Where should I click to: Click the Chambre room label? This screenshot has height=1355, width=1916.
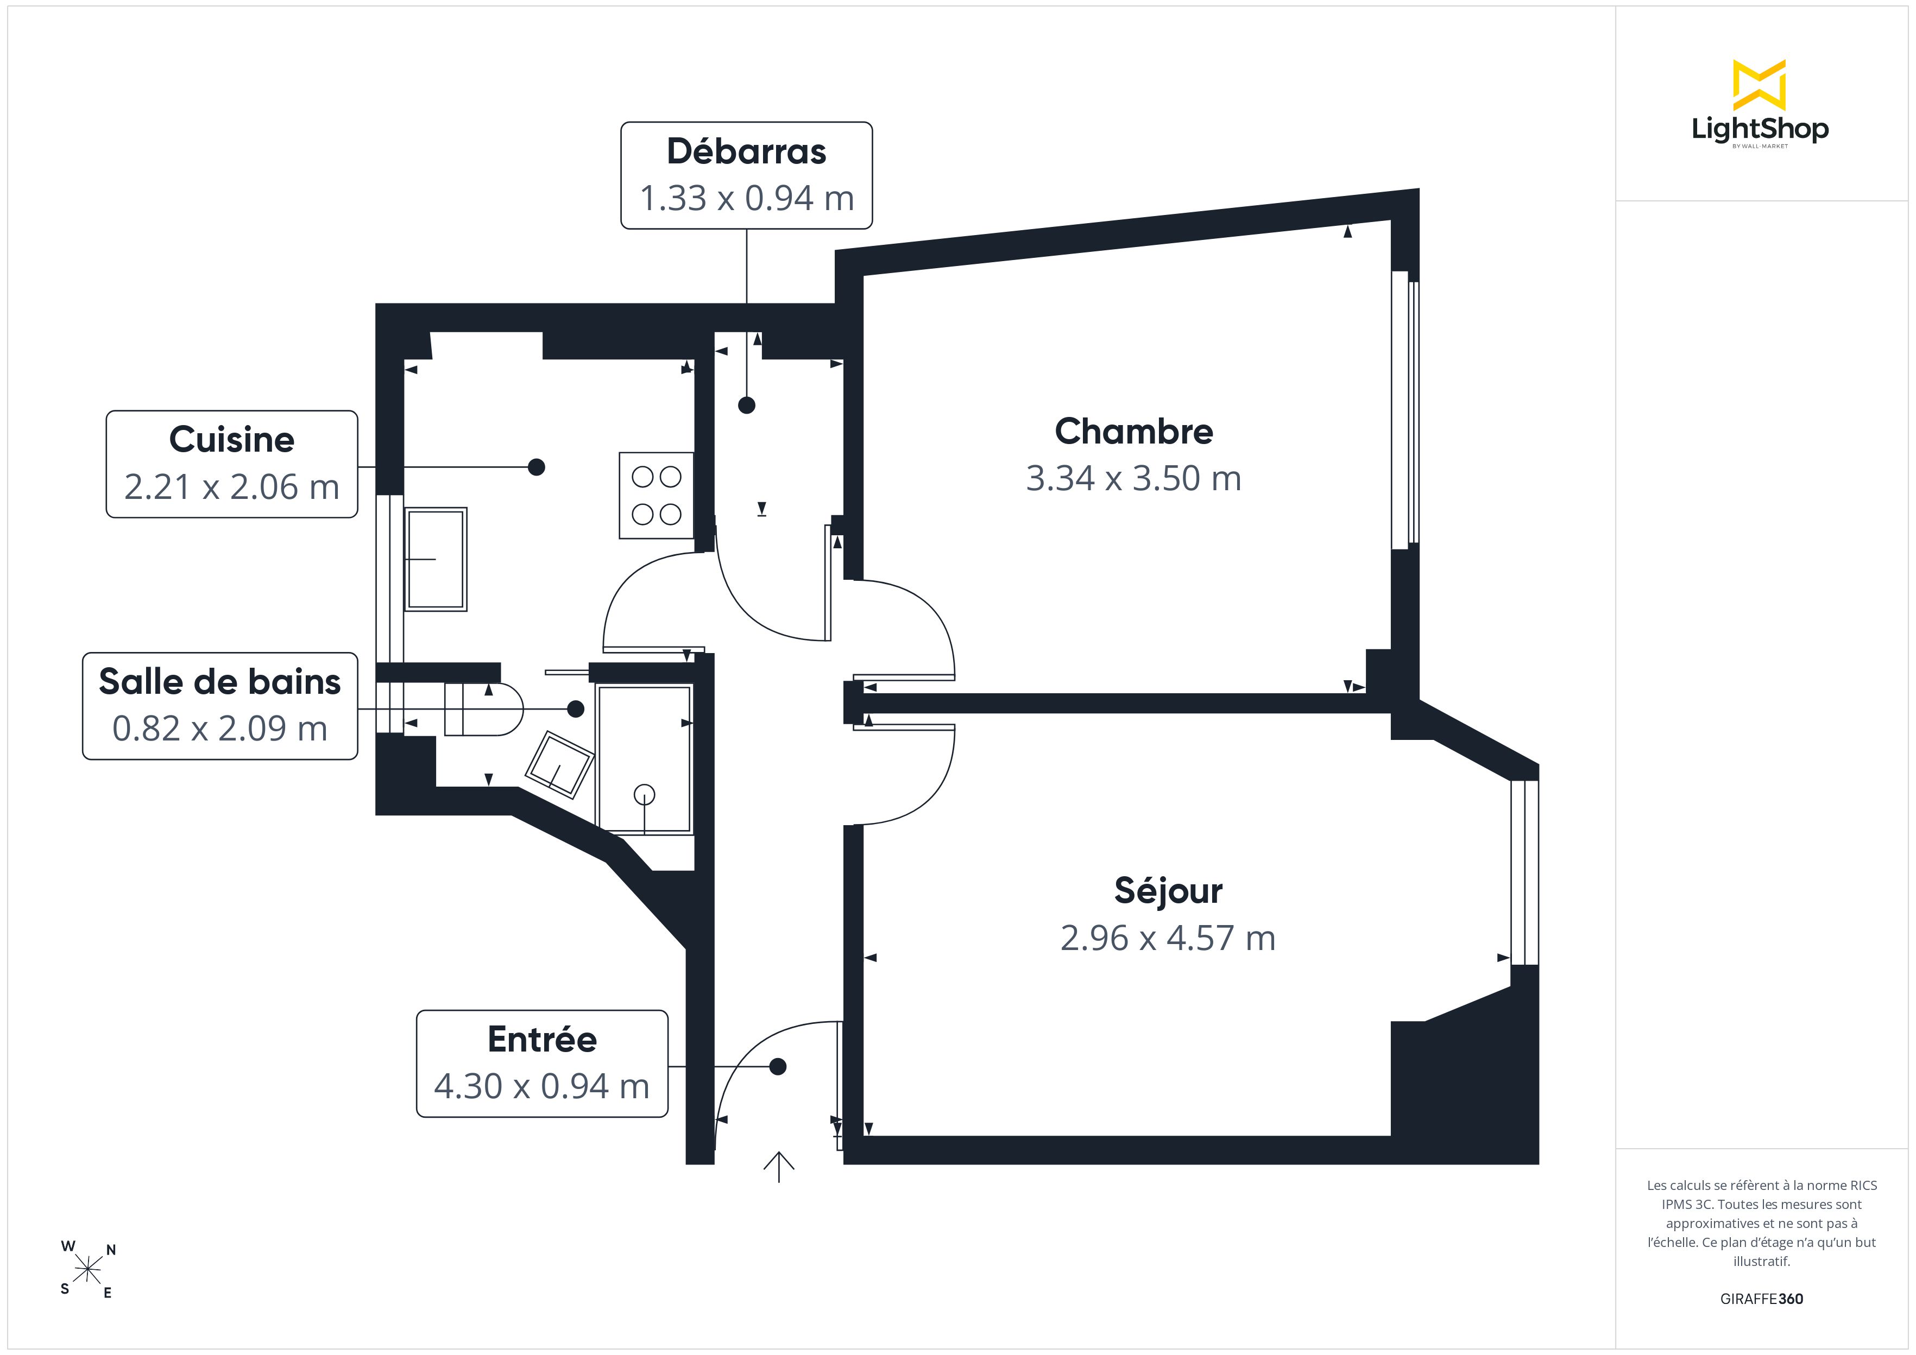1133,432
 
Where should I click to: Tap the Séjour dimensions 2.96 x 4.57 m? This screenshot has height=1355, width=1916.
1168,938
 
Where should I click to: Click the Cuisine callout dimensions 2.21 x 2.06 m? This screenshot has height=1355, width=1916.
232,486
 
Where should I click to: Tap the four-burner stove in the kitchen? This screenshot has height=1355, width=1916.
657,496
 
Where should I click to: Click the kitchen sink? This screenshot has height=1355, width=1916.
435,559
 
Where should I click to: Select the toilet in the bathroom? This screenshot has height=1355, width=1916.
483,709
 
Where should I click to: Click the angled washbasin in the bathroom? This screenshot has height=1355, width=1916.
559,764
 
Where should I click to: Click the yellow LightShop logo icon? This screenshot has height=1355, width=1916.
1759,85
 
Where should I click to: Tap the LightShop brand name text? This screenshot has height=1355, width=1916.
1760,129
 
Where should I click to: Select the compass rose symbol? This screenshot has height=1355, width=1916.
87,1270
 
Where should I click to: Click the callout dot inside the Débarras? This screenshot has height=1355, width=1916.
747,406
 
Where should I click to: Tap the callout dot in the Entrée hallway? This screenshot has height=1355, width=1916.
778,1066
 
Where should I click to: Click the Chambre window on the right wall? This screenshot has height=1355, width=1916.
1406,410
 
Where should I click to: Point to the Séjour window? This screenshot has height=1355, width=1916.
1524,873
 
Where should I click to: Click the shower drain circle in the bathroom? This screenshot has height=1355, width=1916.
644,794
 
